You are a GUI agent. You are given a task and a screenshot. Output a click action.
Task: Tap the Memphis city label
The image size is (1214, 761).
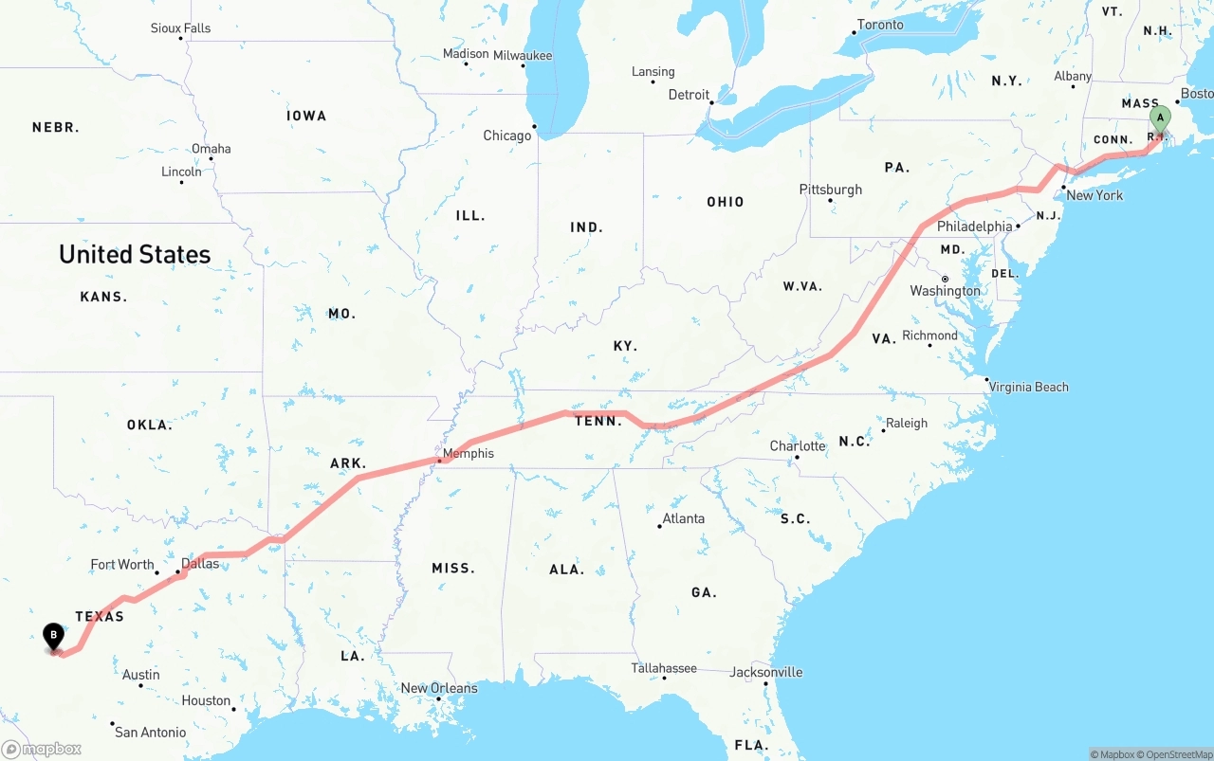point(469,454)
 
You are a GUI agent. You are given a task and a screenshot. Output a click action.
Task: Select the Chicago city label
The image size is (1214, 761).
point(507,136)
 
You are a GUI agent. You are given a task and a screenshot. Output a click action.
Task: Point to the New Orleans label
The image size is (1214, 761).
point(439,688)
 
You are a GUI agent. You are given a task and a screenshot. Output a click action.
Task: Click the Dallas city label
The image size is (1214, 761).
point(200,564)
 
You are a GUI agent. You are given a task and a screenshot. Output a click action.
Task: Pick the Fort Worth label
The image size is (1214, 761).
point(122,565)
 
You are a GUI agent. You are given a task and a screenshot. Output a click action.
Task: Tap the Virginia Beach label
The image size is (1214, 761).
point(1028,387)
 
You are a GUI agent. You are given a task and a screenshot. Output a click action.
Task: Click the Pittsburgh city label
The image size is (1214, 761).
point(831,190)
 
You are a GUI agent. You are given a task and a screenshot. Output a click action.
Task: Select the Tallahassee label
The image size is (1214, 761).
point(665,668)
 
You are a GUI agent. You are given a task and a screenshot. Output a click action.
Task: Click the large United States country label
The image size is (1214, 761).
point(135,254)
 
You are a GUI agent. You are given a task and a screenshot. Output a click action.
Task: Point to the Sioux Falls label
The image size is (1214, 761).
point(180,28)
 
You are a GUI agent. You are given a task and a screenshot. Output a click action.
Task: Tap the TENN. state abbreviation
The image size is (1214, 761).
point(598,421)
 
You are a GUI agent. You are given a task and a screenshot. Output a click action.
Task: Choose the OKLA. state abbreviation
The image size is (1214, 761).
point(150,425)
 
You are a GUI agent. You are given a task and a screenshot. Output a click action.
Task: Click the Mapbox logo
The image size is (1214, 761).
point(42,749)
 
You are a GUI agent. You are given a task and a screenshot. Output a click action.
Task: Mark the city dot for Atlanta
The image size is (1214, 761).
point(659,526)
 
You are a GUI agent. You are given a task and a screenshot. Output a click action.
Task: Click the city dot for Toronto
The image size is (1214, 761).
point(853,33)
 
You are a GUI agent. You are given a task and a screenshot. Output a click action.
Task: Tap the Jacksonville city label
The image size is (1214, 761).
point(766,673)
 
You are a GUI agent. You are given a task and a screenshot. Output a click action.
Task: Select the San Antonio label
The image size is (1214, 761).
point(150,732)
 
